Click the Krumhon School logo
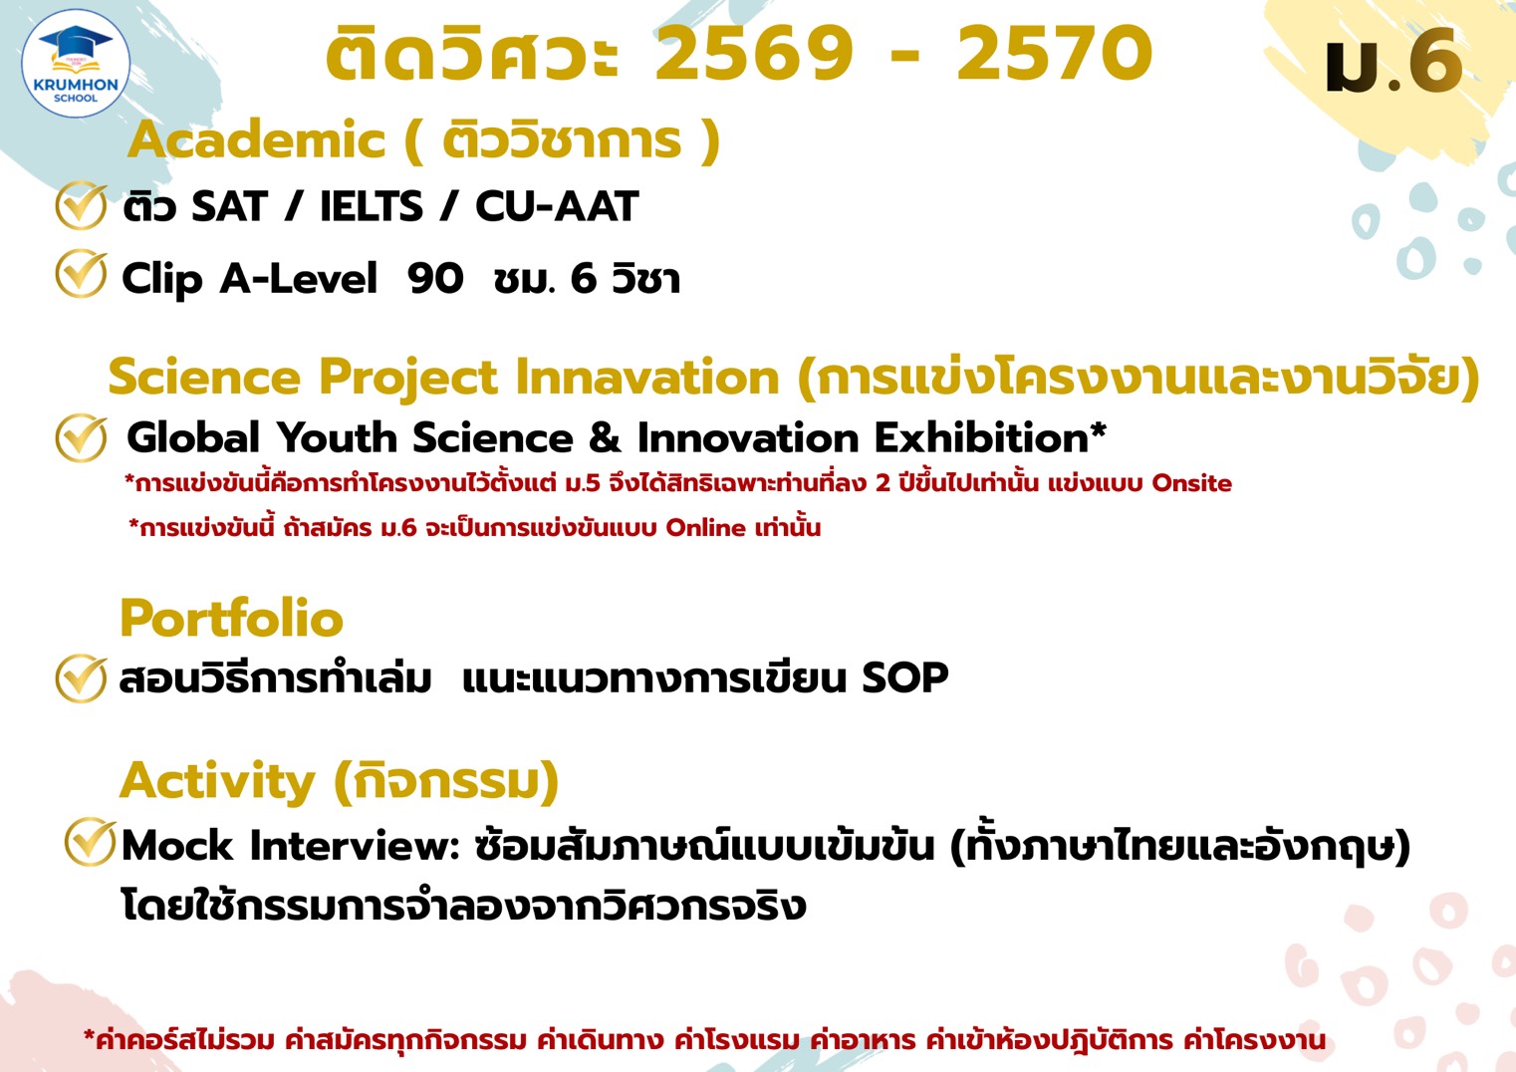76,64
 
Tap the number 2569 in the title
754,54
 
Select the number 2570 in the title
1055,54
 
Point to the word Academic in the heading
257,139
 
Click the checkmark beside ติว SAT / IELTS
81,206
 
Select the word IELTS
371,207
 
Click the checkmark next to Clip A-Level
81,274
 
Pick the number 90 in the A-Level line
435,279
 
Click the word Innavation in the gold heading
646,378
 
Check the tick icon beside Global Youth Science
81,438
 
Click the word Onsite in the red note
1191,483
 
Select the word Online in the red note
705,528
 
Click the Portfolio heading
231,619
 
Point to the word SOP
904,678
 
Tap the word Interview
355,846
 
